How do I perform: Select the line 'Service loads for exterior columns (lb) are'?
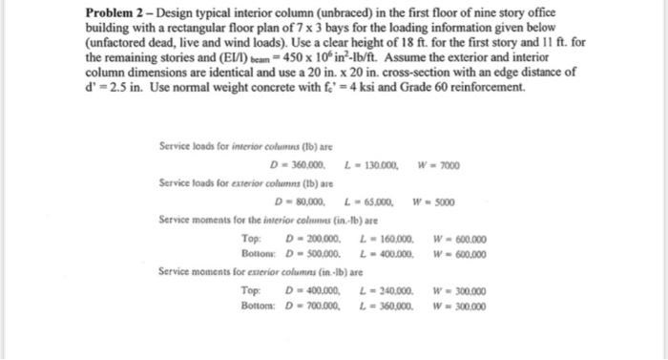(234, 182)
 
